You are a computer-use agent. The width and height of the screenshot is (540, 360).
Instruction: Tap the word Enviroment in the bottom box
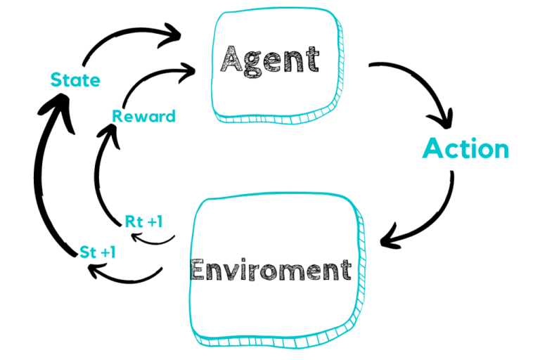coord(271,269)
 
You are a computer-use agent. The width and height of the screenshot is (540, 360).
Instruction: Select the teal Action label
coord(465,148)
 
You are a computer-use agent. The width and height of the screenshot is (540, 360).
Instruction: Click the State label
coord(75,80)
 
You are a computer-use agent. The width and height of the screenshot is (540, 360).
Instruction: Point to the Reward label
coord(144,116)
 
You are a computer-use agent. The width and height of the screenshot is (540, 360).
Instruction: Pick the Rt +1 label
coord(143,222)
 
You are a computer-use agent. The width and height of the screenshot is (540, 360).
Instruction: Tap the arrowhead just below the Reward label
coord(112,131)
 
